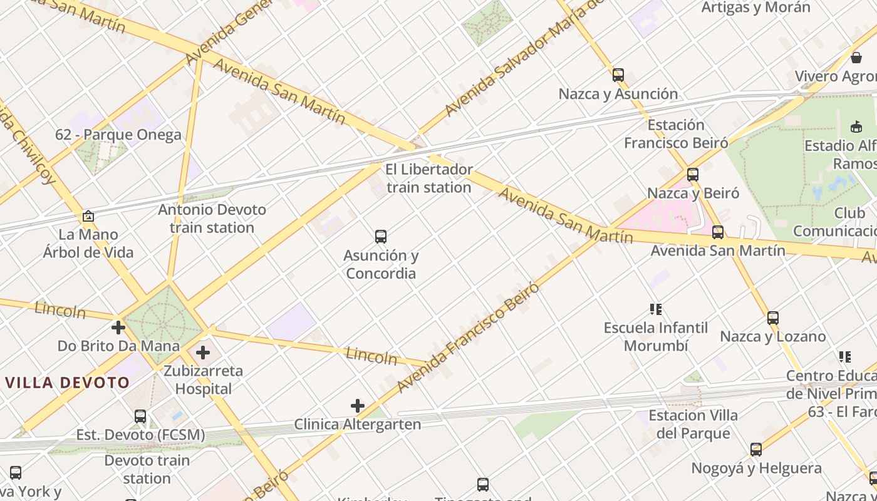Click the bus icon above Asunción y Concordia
380,237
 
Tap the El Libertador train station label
429,178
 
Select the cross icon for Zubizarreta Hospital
203,353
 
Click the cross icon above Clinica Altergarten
358,406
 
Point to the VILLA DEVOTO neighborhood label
68,383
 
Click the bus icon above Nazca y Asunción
618,75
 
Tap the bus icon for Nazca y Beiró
692,175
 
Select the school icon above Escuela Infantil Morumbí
656,309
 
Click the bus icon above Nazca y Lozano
773,318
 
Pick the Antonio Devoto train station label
212,219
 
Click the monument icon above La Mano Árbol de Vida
88,217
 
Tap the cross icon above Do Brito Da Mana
118,328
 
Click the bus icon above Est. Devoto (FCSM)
140,416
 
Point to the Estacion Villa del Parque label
693,424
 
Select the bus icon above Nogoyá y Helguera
756,450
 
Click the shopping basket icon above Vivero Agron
856,58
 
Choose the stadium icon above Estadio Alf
856,127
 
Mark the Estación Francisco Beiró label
676,134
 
